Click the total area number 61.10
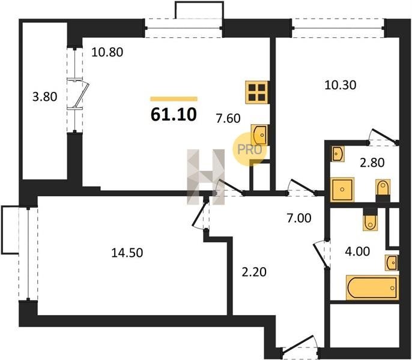pos(174,114)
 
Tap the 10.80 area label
pos(107,52)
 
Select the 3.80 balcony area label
pos(44,97)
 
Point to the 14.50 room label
pos(127,253)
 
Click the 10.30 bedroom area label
pos(341,85)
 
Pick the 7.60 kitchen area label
pos(228,118)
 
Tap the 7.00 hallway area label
pos(299,218)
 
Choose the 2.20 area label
pos(254,272)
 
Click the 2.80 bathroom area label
pos(372,163)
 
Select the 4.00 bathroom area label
pos(357,251)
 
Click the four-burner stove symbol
pos(257,92)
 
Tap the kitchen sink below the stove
pos(259,135)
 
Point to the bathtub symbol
pos(372,287)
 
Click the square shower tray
pos(342,190)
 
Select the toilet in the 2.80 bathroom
pos(383,187)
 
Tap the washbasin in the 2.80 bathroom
pos(338,154)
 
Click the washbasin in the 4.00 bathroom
pos(392,262)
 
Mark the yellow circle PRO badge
pos(249,149)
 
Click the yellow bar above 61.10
pos(174,99)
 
